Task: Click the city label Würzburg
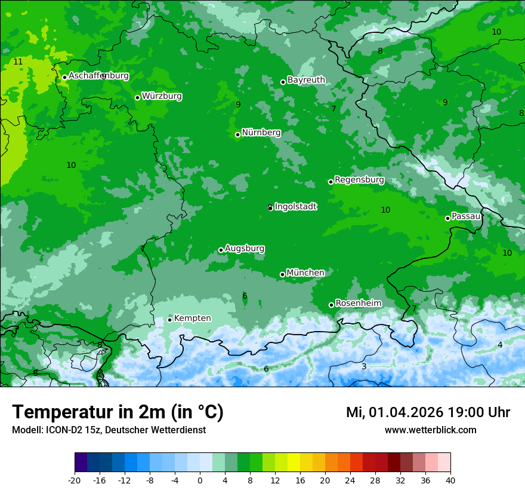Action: (x=162, y=96)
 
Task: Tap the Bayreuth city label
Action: (x=306, y=80)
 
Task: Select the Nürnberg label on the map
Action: (x=261, y=133)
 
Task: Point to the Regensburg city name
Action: (x=359, y=180)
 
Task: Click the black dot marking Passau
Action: (x=447, y=218)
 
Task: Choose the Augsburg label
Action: (x=245, y=249)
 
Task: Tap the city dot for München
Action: (x=282, y=274)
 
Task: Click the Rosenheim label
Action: (x=358, y=304)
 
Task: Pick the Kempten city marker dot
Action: (x=169, y=320)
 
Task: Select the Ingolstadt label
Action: (x=295, y=207)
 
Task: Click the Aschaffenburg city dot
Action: (x=64, y=77)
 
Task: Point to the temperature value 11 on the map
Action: (x=18, y=62)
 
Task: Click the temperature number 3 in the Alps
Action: (x=364, y=366)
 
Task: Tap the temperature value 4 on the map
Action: (x=500, y=345)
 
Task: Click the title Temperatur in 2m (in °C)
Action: (x=118, y=412)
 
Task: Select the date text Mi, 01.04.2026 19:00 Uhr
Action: (x=428, y=412)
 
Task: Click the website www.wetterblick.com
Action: (x=430, y=430)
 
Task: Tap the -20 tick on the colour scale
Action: (x=75, y=480)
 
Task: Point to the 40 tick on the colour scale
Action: (x=450, y=480)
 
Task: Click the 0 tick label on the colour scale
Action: (x=200, y=480)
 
